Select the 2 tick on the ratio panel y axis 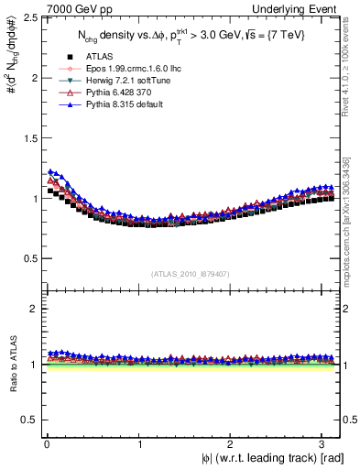[33, 309]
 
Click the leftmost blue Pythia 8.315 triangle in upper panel [50, 171]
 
